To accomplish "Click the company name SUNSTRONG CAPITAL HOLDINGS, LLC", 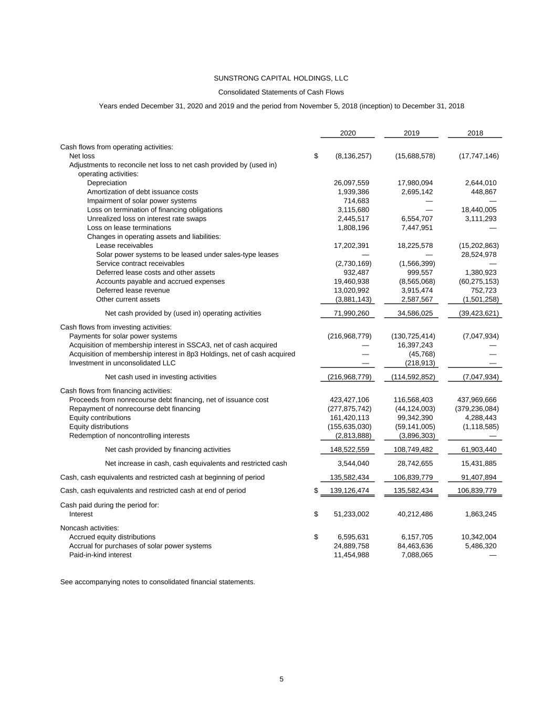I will click(x=281, y=78).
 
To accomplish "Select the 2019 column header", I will click(x=411, y=133).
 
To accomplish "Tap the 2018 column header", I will click(x=475, y=133).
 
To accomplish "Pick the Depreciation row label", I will click(x=107, y=183).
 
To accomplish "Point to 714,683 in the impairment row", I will click(x=356, y=201).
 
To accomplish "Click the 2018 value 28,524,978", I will click(x=477, y=254).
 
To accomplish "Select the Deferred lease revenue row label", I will click(x=132, y=290).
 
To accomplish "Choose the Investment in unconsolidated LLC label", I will click(x=122, y=362).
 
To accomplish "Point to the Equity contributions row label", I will click(x=100, y=418).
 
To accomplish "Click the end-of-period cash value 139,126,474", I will click(x=349, y=491).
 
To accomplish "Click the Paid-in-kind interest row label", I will click(x=100, y=555).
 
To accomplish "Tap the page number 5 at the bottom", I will click(x=281, y=679).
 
